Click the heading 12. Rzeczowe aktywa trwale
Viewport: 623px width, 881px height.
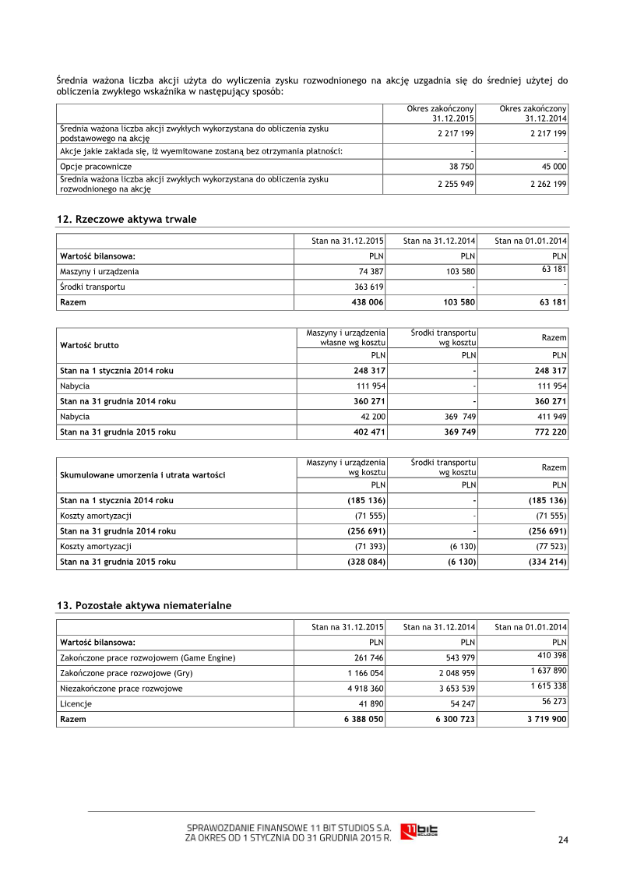(127, 220)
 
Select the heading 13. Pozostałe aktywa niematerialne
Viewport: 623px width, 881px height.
(144, 605)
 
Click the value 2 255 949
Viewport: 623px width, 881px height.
(456, 184)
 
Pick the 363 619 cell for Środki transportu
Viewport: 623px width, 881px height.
(369, 287)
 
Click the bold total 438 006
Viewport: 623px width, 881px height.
(368, 301)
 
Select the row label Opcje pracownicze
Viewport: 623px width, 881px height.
(96, 167)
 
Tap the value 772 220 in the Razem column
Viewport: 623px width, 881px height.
(548, 431)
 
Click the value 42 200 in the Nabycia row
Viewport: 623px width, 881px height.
(371, 416)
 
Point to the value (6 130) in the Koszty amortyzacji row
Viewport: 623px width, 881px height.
(459, 546)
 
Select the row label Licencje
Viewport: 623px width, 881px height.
(76, 703)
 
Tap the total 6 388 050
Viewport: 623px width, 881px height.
(364, 719)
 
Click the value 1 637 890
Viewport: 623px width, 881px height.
(548, 670)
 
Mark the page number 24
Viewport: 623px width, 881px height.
(563, 840)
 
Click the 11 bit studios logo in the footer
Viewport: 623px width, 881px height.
(419, 831)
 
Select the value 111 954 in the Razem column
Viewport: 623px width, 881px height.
(550, 386)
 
